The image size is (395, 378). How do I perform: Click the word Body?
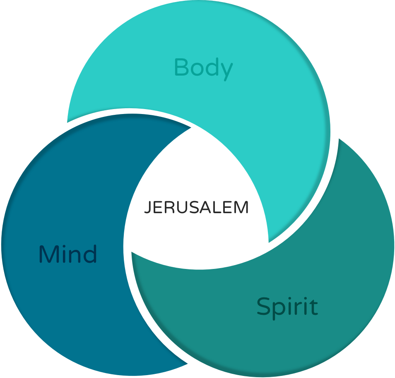click(x=203, y=68)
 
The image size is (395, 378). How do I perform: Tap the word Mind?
click(x=68, y=254)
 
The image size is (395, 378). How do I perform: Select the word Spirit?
click(x=287, y=307)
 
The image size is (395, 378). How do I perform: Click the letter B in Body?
click(x=181, y=67)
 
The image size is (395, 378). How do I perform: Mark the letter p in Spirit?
click(x=277, y=310)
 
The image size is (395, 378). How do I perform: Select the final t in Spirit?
click(x=314, y=307)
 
